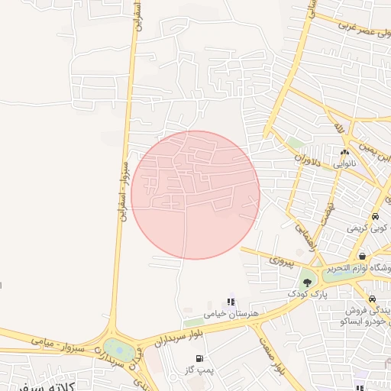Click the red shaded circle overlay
tap(195, 195)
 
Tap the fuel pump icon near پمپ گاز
tap(199, 358)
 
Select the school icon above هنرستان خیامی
tap(231, 302)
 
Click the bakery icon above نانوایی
tap(344, 152)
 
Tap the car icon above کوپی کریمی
tap(375, 216)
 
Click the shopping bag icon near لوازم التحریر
tap(362, 256)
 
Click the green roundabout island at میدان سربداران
tap(119, 351)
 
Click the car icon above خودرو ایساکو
tap(371, 299)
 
